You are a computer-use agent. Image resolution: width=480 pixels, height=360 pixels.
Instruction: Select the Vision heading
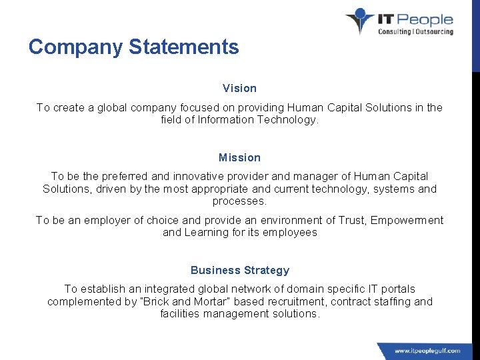point(239,88)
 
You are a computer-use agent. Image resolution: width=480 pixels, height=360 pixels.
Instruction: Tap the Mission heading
point(239,158)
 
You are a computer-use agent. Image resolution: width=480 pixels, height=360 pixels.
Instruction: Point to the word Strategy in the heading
point(267,270)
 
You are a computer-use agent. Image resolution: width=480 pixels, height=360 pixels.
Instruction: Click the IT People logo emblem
point(360,21)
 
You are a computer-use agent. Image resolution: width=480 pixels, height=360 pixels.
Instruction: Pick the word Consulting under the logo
point(395,31)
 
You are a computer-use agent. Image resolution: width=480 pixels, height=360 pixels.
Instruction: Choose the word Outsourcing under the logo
point(435,31)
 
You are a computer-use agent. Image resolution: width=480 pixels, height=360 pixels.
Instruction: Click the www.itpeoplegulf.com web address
point(427,351)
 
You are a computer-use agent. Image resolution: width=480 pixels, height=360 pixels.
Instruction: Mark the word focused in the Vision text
point(217,107)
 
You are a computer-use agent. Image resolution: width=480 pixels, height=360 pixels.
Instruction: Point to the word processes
point(239,201)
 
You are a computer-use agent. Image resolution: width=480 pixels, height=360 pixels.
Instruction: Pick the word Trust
point(350,220)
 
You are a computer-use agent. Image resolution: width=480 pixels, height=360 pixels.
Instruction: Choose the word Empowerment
point(407,220)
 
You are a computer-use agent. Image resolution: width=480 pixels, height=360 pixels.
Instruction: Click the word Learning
point(205,233)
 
